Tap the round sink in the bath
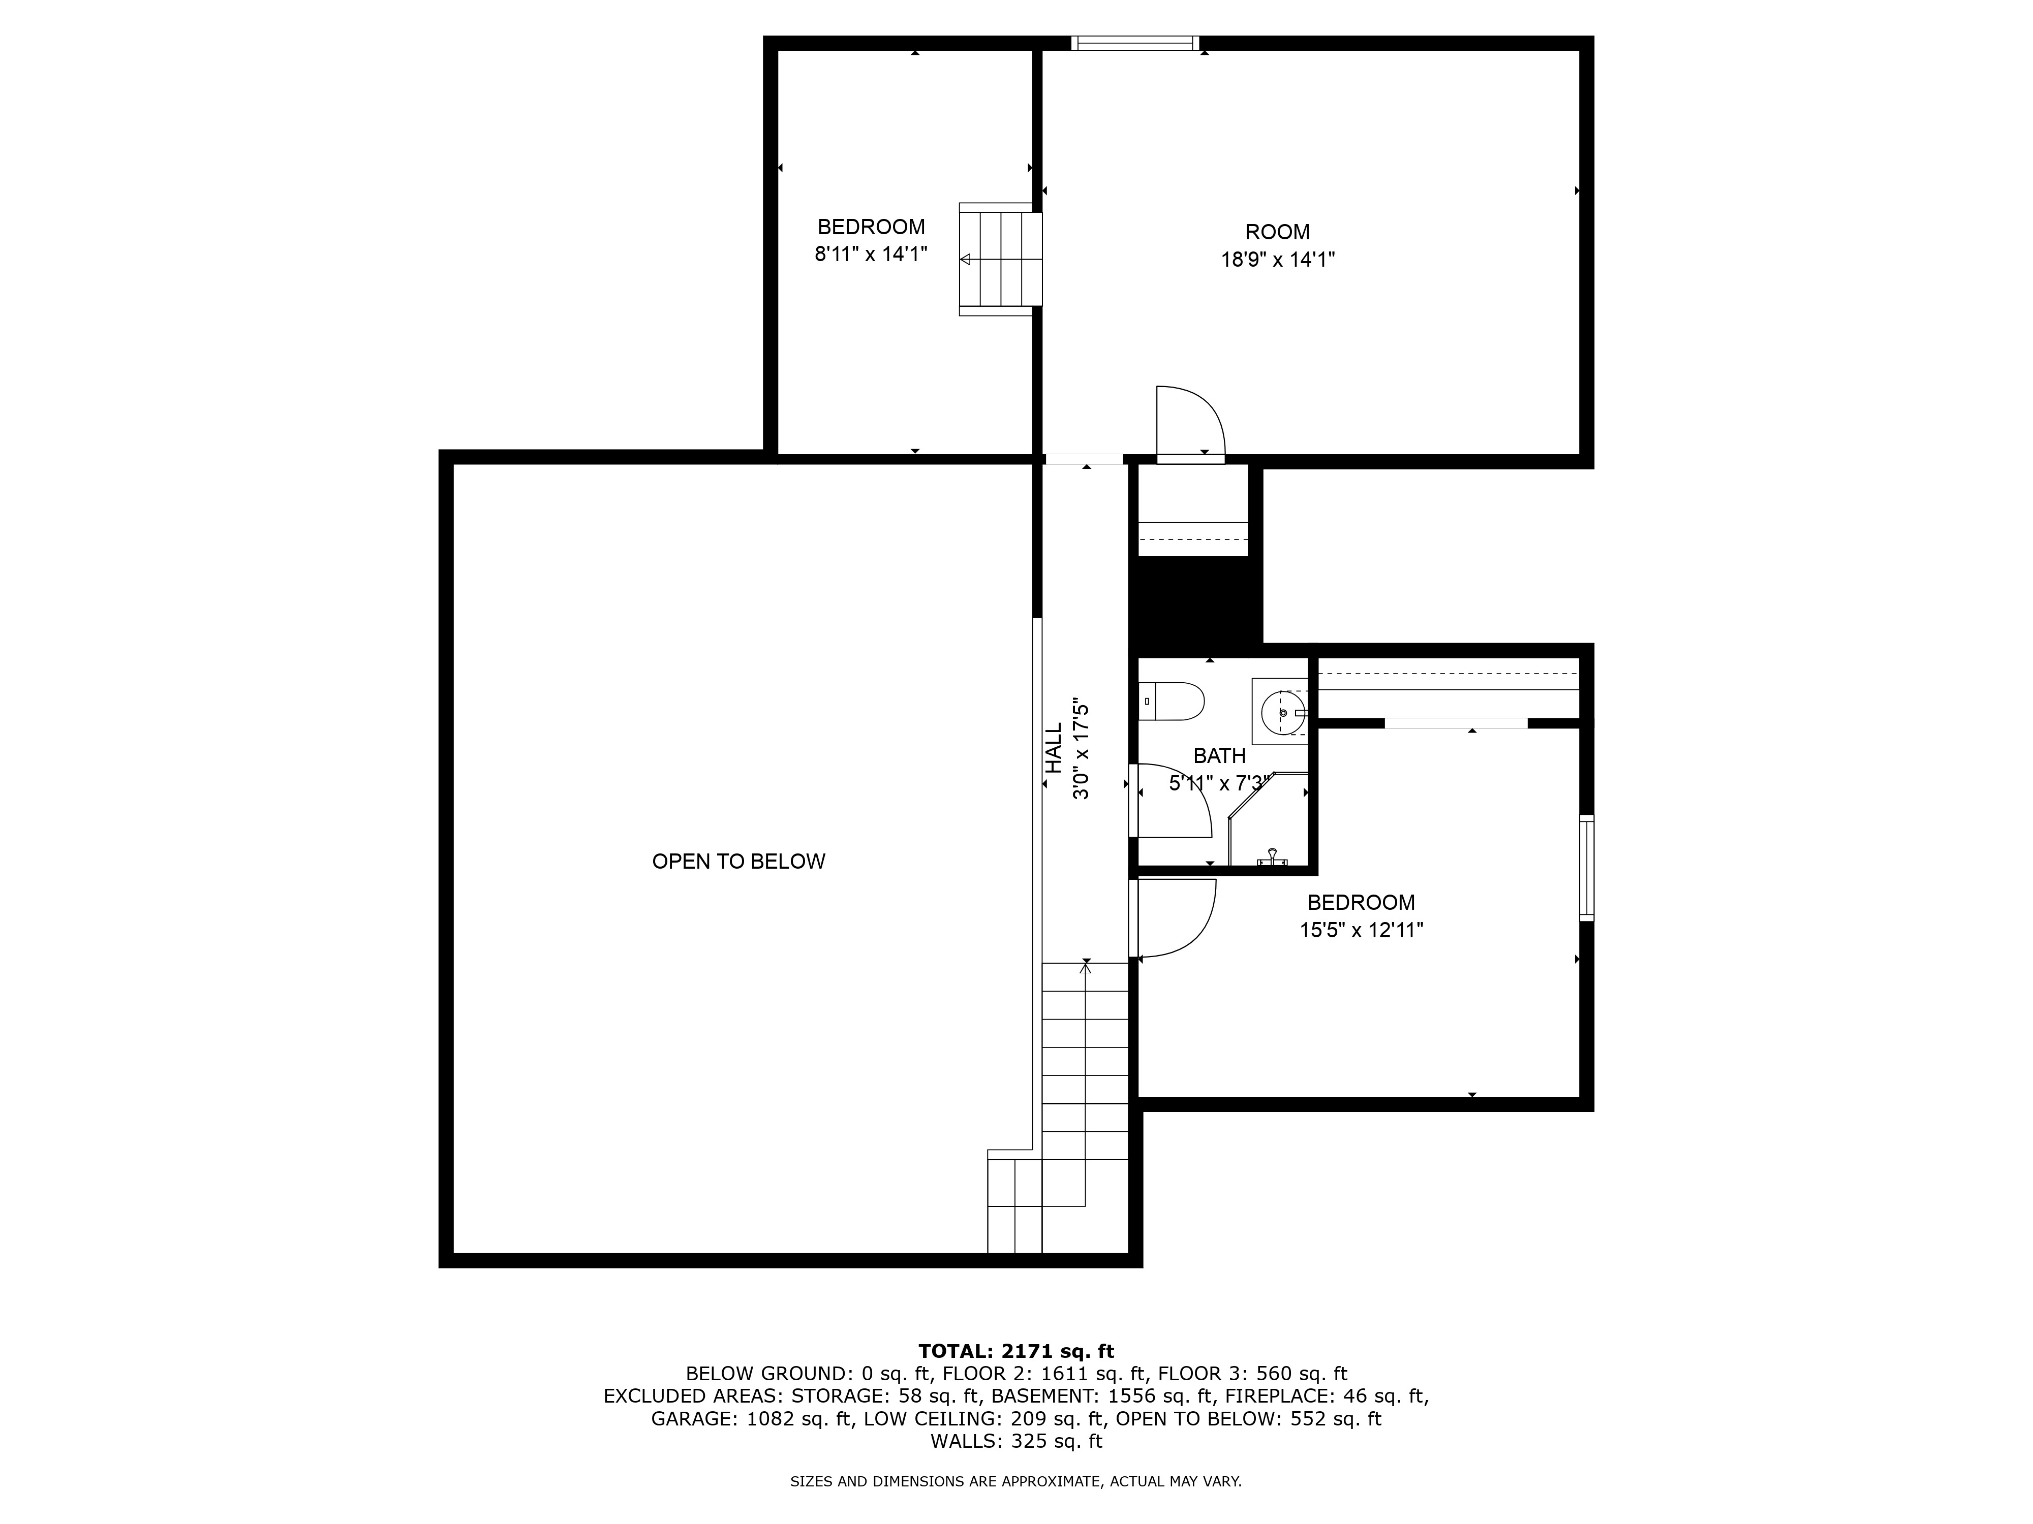coord(1282,712)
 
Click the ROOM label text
coord(1278,233)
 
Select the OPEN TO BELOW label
coord(739,862)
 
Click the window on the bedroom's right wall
coord(1586,867)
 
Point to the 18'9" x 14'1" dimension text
coord(1278,260)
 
